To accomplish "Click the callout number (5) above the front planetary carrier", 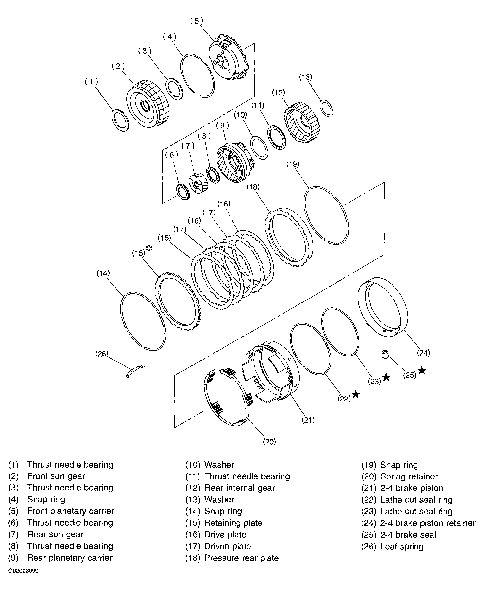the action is (x=196, y=21).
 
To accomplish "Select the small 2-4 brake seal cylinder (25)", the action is (x=385, y=355).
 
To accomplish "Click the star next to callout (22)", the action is (x=356, y=395).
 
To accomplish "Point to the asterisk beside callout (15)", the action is (x=149, y=248).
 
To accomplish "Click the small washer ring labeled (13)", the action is (x=326, y=108).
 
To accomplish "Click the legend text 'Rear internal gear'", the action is (x=239, y=488).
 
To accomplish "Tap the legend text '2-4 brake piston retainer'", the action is (x=428, y=523).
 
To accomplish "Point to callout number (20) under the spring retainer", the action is (x=269, y=442).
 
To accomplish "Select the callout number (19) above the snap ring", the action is (x=293, y=164).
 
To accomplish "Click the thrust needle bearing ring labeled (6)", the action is (x=183, y=191).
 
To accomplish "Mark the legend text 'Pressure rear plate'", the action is (x=242, y=558).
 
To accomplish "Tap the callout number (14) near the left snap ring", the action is (x=103, y=273).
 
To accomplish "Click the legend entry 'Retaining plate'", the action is (x=233, y=523).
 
